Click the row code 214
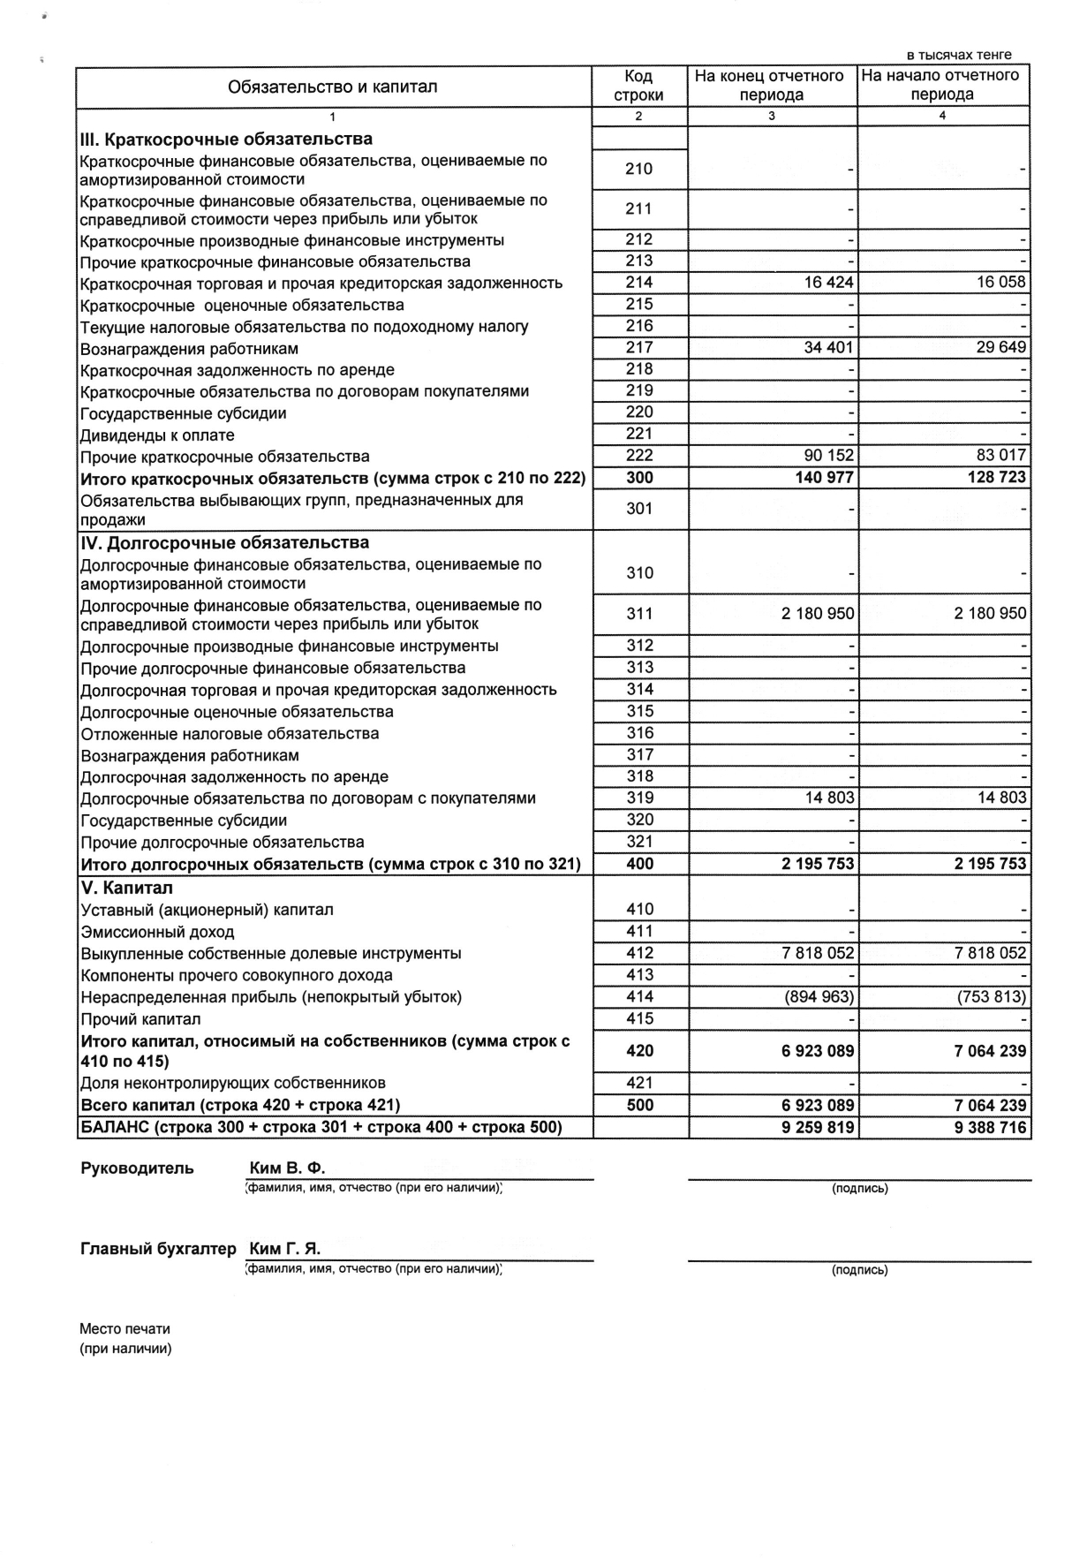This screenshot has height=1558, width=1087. pyautogui.click(x=638, y=283)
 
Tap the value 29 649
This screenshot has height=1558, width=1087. pyautogui.click(x=1001, y=348)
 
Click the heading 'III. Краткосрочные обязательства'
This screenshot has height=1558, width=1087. pyautogui.click(x=226, y=140)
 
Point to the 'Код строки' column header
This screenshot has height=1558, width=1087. pyautogui.click(x=638, y=86)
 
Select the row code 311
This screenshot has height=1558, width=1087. pyautogui.click(x=639, y=614)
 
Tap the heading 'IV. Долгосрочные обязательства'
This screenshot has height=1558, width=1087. pyautogui.click(x=225, y=543)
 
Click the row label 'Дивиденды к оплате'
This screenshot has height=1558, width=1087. pyautogui.click(x=157, y=435)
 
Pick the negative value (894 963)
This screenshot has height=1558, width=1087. pyautogui.click(x=819, y=997)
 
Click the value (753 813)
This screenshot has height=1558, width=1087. pyautogui.click(x=992, y=997)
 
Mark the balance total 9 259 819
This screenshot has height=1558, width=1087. pyautogui.click(x=818, y=1127)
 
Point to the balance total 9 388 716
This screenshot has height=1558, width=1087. pyautogui.click(x=991, y=1127)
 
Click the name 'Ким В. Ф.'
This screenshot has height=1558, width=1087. pyautogui.click(x=288, y=1168)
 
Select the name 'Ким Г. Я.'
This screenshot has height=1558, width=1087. pyautogui.click(x=285, y=1249)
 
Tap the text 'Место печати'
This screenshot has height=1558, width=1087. pyautogui.click(x=125, y=1328)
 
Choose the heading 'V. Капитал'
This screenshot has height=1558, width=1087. pyautogui.click(x=126, y=889)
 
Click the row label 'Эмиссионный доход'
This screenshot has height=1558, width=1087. pyautogui.click(x=157, y=932)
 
